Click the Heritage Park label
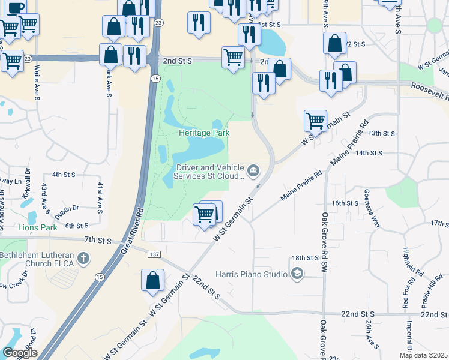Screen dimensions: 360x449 click(204, 133)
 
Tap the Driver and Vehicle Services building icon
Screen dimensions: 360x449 click(253, 172)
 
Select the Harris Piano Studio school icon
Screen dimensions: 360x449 click(296, 274)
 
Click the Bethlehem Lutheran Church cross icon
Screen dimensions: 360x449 click(83, 260)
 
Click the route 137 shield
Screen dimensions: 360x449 click(152, 255)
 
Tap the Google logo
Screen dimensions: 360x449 click(20, 352)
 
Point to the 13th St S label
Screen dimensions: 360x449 click(382, 133)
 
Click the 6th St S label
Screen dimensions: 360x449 click(77, 226)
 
